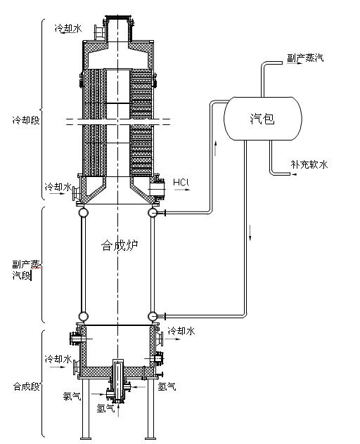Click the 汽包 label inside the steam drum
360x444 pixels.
pos(262,119)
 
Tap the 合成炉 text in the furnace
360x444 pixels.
pos(120,245)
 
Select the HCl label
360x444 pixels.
pos(181,182)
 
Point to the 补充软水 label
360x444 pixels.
pos(309,164)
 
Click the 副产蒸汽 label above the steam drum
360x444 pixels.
pos(305,58)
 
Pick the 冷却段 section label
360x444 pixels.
pos(26,120)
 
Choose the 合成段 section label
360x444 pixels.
pos(26,386)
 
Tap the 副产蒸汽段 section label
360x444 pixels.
pos(27,269)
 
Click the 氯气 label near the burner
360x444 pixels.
pos(72,396)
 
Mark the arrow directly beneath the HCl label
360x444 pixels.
pos(182,190)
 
